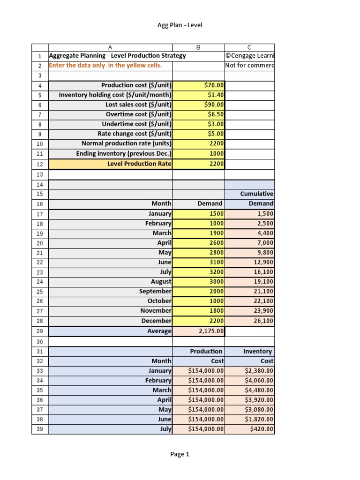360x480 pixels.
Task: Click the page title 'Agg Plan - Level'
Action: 180,25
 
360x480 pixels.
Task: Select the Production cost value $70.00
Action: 214,85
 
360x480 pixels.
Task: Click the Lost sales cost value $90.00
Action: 214,105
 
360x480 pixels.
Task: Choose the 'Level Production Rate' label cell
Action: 139,164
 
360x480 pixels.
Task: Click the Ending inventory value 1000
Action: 217,154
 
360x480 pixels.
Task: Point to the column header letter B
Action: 198,47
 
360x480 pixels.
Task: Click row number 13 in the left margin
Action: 40,174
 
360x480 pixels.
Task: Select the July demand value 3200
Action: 216,272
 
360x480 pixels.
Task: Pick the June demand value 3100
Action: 216,262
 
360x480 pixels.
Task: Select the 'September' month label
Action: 155,291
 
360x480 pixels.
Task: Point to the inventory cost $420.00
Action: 262,429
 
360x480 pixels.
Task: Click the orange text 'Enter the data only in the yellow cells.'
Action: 105,65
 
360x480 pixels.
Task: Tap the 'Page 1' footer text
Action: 180,454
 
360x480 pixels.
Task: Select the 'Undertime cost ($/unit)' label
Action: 136,124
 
